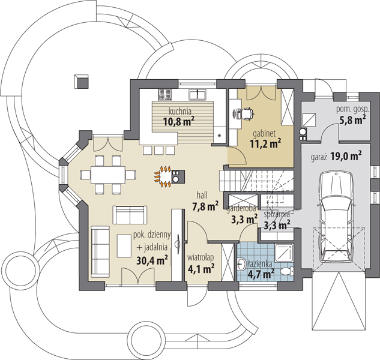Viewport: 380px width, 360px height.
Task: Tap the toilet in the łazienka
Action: click(288, 271)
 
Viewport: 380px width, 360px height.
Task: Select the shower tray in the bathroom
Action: click(284, 253)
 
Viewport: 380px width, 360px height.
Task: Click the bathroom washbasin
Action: click(241, 263)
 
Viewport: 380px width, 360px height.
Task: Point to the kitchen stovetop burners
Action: click(165, 95)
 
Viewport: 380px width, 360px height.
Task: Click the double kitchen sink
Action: click(198, 95)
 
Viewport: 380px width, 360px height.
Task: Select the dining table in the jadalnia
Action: click(108, 175)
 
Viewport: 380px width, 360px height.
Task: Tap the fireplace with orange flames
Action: click(170, 176)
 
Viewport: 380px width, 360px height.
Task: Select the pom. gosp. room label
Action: click(352, 110)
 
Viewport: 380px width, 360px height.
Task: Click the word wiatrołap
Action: click(201, 257)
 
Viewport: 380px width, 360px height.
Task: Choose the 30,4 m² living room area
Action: click(152, 260)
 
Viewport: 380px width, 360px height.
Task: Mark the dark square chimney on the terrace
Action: click(82, 81)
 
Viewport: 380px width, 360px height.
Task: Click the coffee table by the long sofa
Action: click(124, 245)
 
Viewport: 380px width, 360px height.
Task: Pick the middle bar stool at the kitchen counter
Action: click(158, 151)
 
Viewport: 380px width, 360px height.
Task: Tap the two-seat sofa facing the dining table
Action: click(130, 215)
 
